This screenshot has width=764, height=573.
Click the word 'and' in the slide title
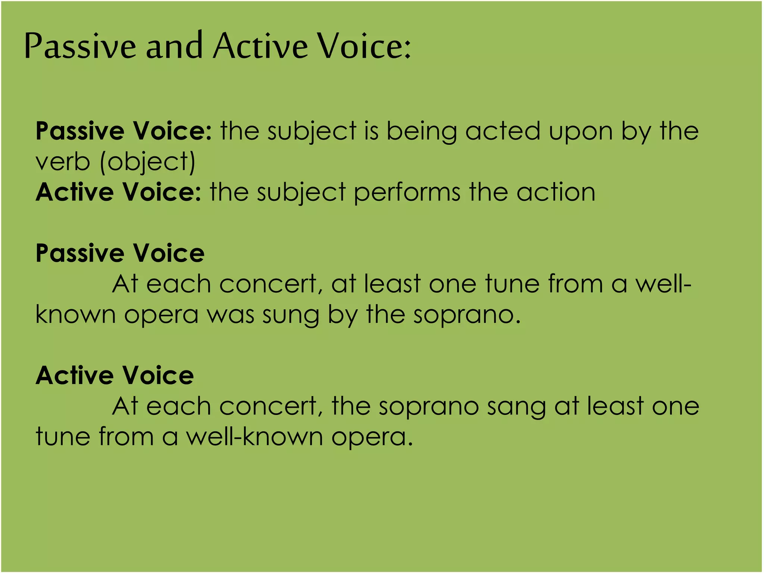174,46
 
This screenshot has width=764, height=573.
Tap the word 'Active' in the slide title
260,46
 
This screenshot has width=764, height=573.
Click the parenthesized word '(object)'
148,163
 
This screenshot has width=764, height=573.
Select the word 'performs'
407,193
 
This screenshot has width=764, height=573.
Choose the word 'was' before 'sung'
231,315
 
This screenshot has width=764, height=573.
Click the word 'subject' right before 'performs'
301,193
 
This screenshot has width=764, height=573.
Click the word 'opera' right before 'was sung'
161,316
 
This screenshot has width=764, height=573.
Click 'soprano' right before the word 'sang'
429,407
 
